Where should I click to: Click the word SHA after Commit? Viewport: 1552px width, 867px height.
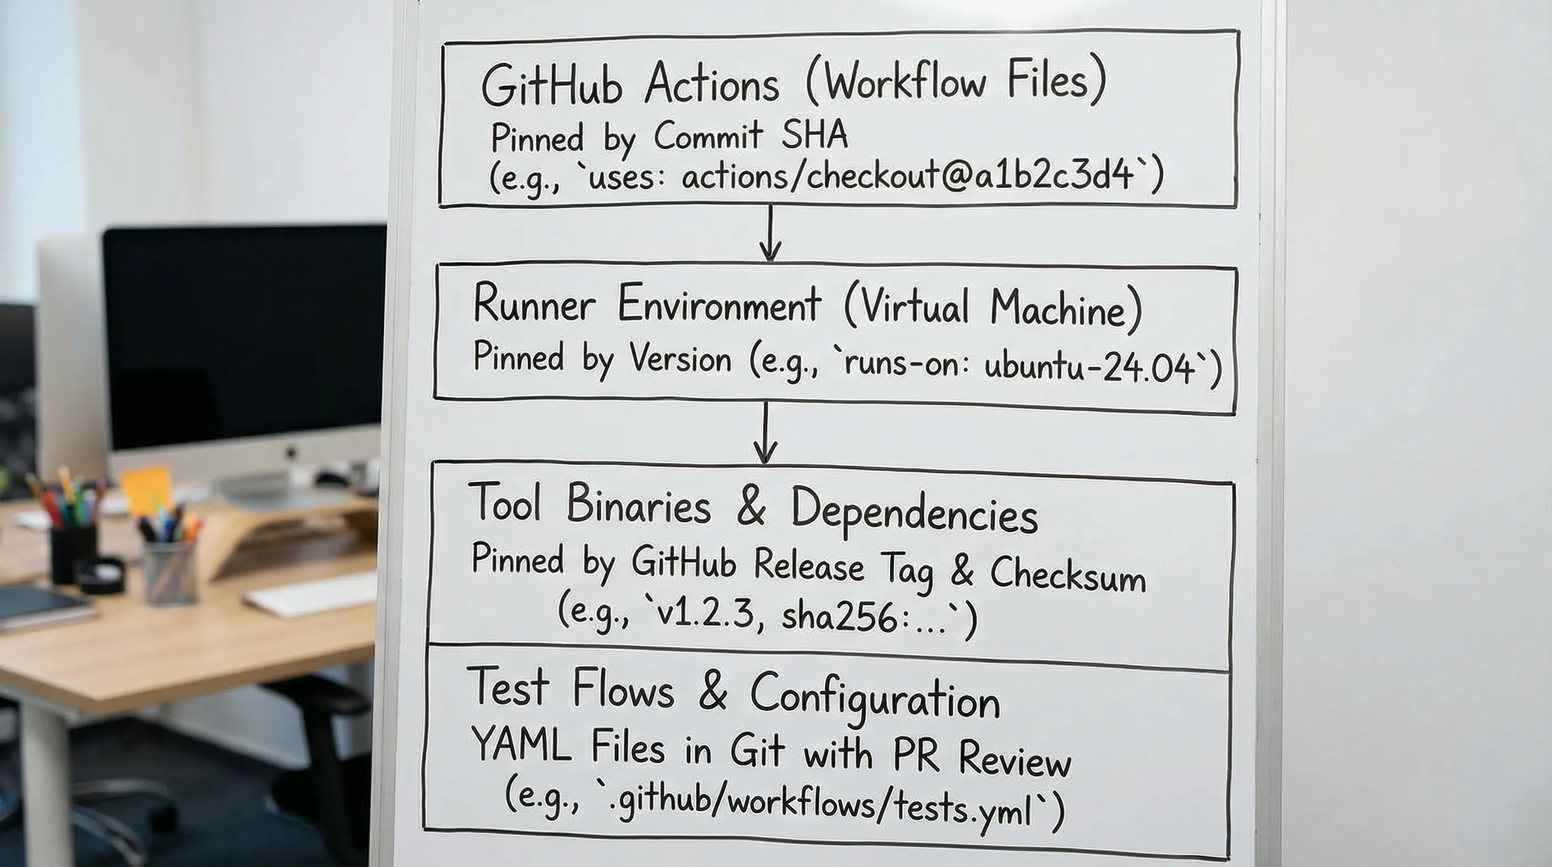814,135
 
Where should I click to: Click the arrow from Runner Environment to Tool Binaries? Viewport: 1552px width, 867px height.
765,433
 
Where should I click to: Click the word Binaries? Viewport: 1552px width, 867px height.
638,505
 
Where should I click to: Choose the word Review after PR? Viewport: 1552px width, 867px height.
1016,760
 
